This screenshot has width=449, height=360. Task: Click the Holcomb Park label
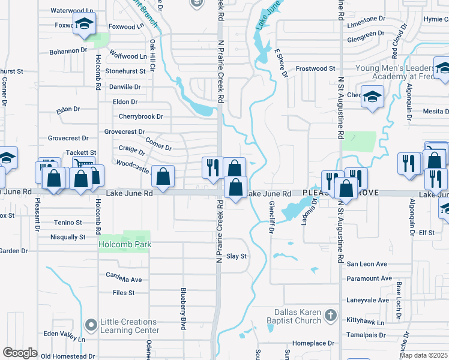click(x=125, y=244)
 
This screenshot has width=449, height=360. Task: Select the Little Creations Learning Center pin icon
click(x=91, y=326)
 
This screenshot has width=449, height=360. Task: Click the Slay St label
click(x=237, y=256)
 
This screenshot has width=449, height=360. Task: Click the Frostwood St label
click(x=315, y=69)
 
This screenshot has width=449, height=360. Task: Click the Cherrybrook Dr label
click(x=140, y=116)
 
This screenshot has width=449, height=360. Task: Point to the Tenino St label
click(x=68, y=223)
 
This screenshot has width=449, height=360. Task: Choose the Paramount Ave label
click(x=369, y=278)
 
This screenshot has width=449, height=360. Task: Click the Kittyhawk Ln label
click(x=366, y=320)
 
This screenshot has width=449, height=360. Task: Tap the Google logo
click(x=20, y=352)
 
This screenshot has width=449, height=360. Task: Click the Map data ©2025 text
click(x=423, y=355)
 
